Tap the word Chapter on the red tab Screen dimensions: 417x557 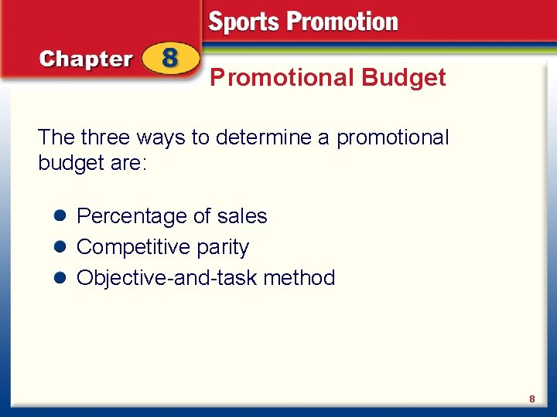click(x=86, y=59)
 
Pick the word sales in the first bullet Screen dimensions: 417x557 click(x=242, y=216)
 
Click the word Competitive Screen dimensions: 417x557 click(x=135, y=247)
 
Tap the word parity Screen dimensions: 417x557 click(x=224, y=248)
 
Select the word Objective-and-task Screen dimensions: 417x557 click(x=167, y=278)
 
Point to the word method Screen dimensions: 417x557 click(x=299, y=278)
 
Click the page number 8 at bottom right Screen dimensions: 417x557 click(x=532, y=399)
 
